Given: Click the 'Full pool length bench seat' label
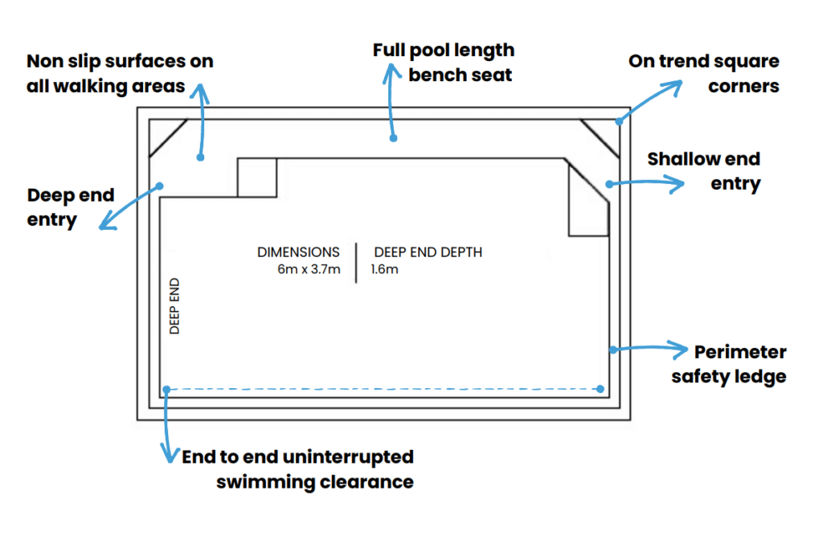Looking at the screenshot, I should pyautogui.click(x=443, y=63).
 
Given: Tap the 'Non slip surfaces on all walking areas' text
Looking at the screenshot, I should pyautogui.click(x=120, y=74).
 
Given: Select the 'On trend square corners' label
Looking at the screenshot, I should pyautogui.click(x=704, y=73).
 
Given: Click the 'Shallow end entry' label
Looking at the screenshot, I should pyautogui.click(x=704, y=171).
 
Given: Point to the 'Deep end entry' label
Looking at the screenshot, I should pyautogui.click(x=71, y=207).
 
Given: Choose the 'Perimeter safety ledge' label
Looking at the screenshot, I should pyautogui.click(x=729, y=363).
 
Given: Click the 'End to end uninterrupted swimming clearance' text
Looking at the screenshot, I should pyautogui.click(x=297, y=469).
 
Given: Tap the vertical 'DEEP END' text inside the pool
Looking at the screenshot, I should pyautogui.click(x=175, y=306).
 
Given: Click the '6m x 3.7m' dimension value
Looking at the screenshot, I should pyautogui.click(x=308, y=269).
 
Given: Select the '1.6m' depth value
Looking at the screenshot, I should pyautogui.click(x=384, y=269).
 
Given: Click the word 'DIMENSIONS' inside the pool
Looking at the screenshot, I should pyautogui.click(x=298, y=252).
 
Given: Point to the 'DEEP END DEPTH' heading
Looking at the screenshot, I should pyautogui.click(x=428, y=252).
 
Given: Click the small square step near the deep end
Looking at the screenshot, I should pyautogui.click(x=257, y=178).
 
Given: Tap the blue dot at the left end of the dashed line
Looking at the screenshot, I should pyautogui.click(x=166, y=390).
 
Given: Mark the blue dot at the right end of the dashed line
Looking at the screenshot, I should pyautogui.click(x=602, y=390).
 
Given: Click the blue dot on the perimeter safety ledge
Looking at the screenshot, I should pyautogui.click(x=612, y=349).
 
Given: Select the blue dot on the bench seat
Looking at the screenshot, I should pyautogui.click(x=394, y=137).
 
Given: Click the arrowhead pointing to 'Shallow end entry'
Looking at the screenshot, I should pyautogui.click(x=682, y=183).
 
